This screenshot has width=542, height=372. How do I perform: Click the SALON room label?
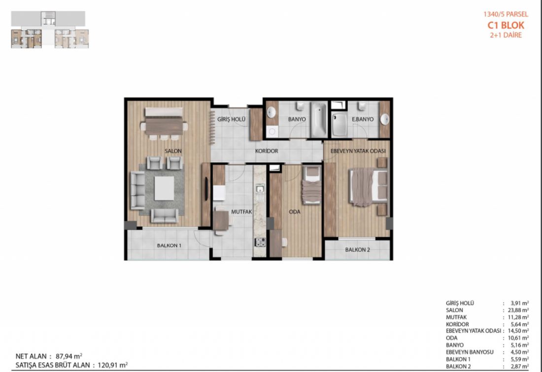(x=173, y=151)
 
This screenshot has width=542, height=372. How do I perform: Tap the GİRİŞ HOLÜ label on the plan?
(x=231, y=119)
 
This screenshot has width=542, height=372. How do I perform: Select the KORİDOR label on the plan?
(x=267, y=151)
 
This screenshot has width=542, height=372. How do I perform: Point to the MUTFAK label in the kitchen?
(x=241, y=211)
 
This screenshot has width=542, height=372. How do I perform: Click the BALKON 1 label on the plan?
(x=169, y=245)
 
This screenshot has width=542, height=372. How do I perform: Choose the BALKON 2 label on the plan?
(x=357, y=249)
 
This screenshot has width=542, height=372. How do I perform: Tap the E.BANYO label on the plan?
(x=363, y=119)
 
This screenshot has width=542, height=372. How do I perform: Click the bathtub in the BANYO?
(x=319, y=120)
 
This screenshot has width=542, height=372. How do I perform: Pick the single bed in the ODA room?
(x=311, y=185)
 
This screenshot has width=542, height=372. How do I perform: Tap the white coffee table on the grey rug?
(x=164, y=188)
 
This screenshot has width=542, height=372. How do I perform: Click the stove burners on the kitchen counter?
(x=260, y=242)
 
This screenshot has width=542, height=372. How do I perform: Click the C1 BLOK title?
(x=506, y=25)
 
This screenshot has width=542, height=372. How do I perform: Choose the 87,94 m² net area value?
(x=69, y=356)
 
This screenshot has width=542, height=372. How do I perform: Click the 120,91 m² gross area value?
(x=113, y=365)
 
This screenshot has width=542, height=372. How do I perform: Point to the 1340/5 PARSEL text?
(x=506, y=14)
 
